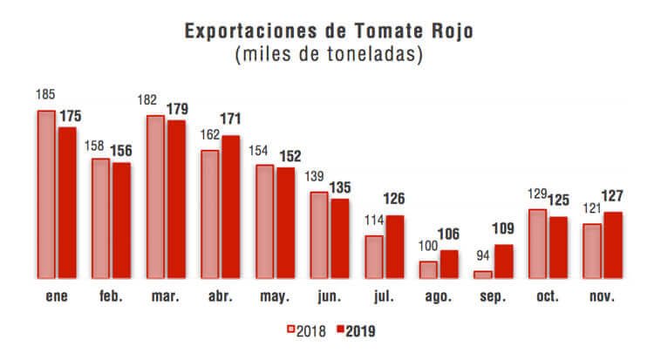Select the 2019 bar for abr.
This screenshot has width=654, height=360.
coord(229,207)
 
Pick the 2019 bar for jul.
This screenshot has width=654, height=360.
coord(394,247)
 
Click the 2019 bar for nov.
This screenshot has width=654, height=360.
coord(612,245)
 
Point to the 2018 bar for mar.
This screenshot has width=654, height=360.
coord(155,197)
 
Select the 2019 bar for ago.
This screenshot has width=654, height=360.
coord(448,264)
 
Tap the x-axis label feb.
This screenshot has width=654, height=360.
coord(112,296)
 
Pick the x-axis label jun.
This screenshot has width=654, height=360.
coord(329,296)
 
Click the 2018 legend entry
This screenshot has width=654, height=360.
coord(307,330)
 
